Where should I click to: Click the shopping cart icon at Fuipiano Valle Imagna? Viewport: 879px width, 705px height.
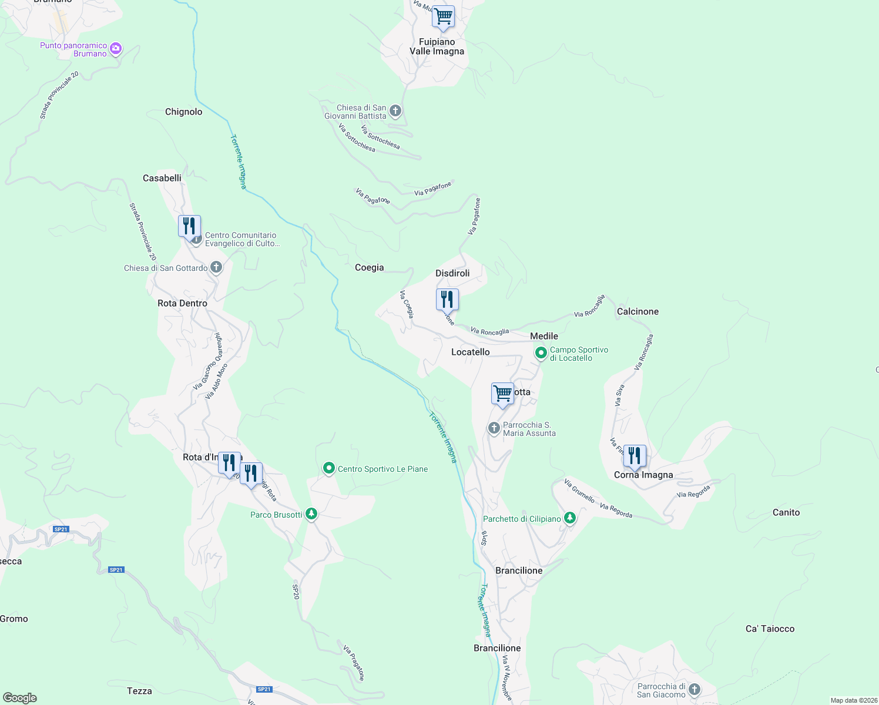click(x=443, y=16)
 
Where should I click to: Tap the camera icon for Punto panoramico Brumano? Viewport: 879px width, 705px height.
click(x=116, y=49)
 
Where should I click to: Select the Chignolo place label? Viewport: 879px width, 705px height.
click(x=183, y=112)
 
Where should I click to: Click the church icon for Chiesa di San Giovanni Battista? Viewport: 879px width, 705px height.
click(x=395, y=110)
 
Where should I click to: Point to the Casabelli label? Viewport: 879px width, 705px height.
click(x=162, y=178)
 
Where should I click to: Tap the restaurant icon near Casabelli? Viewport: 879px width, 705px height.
click(x=189, y=226)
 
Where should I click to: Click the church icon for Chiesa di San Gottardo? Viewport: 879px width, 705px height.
click(x=216, y=268)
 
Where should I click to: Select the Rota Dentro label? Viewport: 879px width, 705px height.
click(x=183, y=303)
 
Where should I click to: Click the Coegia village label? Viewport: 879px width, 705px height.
click(x=369, y=267)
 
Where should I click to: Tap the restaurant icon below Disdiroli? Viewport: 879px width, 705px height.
click(x=447, y=300)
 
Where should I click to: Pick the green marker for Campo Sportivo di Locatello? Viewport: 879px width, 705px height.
click(x=541, y=353)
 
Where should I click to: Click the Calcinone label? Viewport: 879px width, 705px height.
click(x=638, y=311)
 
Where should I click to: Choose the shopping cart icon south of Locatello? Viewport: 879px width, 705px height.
click(x=502, y=394)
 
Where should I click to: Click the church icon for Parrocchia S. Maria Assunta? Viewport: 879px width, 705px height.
click(x=494, y=428)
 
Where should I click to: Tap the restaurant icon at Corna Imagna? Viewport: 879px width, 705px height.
click(x=635, y=455)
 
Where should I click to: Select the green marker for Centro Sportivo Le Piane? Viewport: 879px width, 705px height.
click(x=329, y=468)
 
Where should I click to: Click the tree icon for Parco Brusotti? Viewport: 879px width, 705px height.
click(x=311, y=515)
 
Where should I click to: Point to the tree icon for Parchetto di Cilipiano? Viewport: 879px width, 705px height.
click(x=569, y=518)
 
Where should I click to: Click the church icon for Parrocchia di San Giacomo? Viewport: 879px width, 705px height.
click(x=695, y=690)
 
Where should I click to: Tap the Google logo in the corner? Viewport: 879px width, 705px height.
click(x=20, y=697)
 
